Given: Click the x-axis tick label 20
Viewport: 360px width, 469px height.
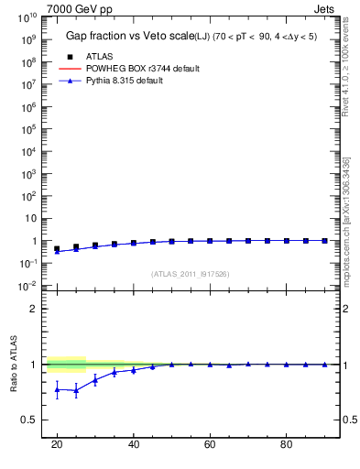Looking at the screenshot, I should [x=57, y=444].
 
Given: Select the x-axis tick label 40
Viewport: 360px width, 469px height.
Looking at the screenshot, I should [x=133, y=444].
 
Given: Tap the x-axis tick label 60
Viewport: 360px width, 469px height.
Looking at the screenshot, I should [x=210, y=444].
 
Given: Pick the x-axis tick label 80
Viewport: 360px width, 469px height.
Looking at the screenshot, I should [x=286, y=444].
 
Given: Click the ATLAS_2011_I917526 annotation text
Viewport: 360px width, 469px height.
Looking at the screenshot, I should [x=190, y=274].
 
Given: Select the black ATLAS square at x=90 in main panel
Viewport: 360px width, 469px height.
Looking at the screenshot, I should [x=324, y=241].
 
